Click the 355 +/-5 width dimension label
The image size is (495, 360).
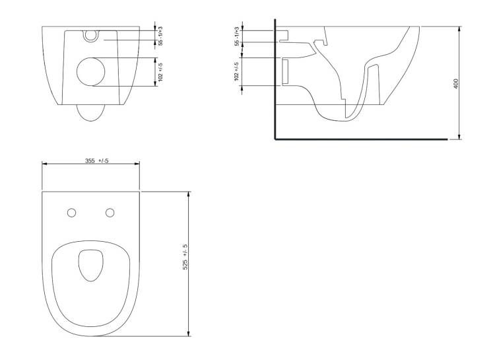click(x=96, y=161)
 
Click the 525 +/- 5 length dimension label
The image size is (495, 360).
click(x=185, y=257)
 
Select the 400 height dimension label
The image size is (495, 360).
click(x=456, y=83)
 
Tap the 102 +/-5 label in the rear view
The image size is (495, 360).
click(x=160, y=72)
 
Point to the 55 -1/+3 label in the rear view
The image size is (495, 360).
click(x=160, y=36)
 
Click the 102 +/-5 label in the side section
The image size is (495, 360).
click(x=236, y=71)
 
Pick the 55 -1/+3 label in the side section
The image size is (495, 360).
click(x=236, y=37)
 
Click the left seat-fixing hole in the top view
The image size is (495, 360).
click(x=72, y=213)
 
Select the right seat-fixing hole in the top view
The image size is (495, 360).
click(x=110, y=213)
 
